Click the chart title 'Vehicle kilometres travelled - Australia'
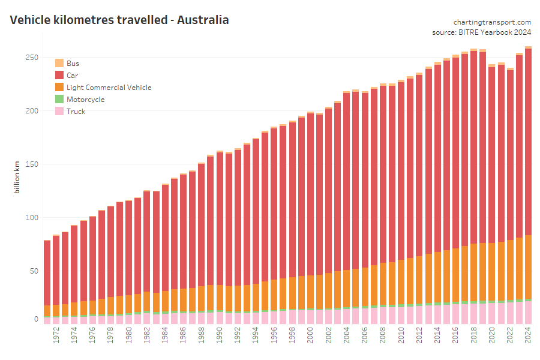tap(119, 20)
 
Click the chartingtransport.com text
tap(492, 22)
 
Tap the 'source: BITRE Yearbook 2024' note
tap(481, 32)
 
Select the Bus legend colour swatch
tap(59, 63)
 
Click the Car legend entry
tap(72, 76)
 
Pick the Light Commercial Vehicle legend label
tap(109, 88)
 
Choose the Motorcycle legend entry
tap(85, 100)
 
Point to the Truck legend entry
tap(76, 112)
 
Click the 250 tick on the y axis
tap(32, 58)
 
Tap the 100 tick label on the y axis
tap(32, 217)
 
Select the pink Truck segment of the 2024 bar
tap(528, 313)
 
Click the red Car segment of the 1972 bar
tap(56, 270)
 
